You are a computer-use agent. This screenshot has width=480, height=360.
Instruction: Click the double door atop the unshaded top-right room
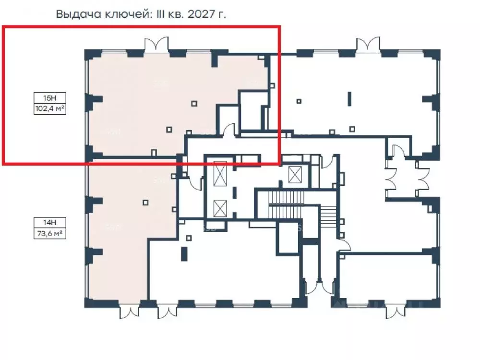368,44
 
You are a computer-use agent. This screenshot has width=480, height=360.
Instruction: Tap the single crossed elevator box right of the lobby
293,173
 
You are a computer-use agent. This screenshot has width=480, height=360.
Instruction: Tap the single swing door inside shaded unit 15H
230,130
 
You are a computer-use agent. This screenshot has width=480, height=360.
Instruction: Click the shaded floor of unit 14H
120,240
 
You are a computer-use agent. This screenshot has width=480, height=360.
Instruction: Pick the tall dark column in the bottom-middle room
183,253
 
